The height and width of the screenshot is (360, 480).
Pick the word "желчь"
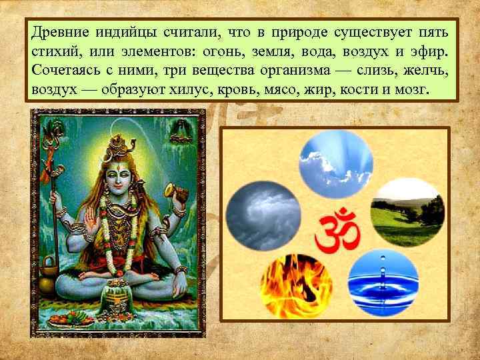click(427, 70)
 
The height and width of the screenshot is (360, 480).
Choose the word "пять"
click(434, 31)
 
